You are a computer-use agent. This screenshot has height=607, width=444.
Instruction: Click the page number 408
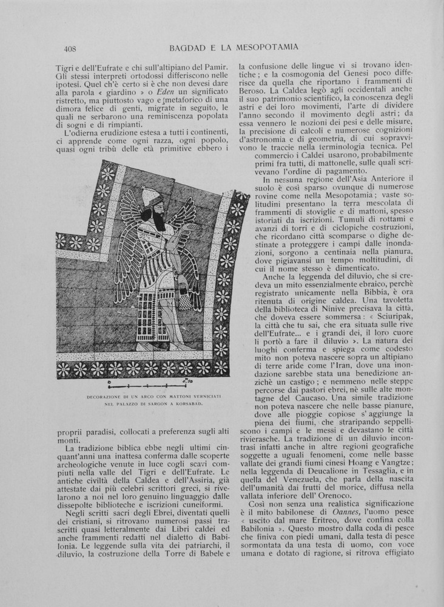tap(69, 47)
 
